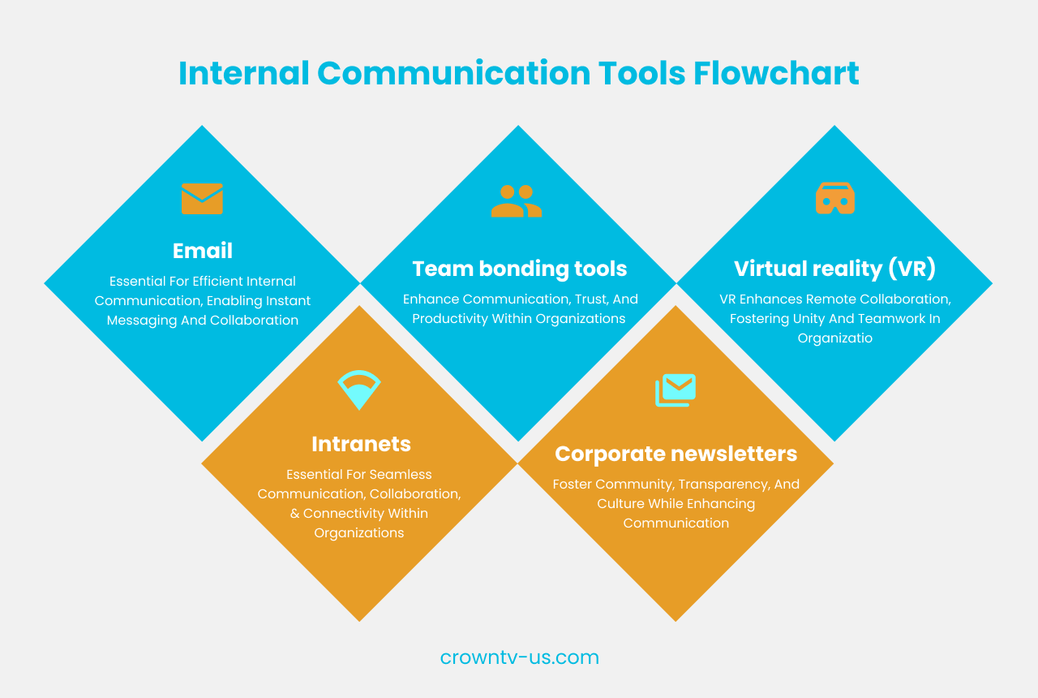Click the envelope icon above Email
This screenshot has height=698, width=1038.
(x=202, y=199)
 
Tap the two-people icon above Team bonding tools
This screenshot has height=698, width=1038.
(x=517, y=201)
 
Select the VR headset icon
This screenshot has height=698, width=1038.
(x=834, y=199)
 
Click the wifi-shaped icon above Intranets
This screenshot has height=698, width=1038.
(x=359, y=390)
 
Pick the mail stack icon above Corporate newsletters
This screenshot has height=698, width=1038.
(x=676, y=390)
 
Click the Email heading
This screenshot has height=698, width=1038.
(x=203, y=252)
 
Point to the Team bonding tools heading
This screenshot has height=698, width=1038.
(x=519, y=269)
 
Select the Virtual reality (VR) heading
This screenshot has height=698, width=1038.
(x=834, y=269)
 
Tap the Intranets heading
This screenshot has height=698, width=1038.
(x=361, y=444)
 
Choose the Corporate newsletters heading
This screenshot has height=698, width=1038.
(x=676, y=454)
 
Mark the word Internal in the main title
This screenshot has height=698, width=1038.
(x=243, y=74)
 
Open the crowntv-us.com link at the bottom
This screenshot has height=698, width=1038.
(x=519, y=657)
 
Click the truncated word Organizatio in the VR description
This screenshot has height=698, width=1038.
(x=834, y=338)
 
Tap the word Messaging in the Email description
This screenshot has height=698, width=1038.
(x=143, y=321)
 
